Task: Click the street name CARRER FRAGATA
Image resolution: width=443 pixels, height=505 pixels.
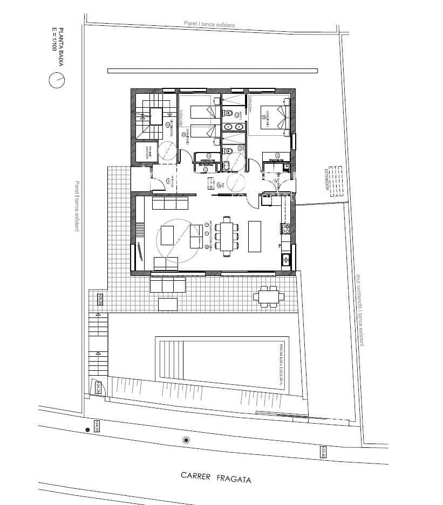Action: (216, 477)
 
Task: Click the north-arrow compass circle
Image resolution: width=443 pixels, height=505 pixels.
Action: (57, 81)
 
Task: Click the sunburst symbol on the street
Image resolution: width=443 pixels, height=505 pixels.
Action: (187, 441)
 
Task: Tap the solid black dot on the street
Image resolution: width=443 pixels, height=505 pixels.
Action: (87, 430)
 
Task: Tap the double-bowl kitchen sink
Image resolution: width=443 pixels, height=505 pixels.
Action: (286, 260)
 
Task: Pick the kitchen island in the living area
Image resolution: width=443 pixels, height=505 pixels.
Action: (254, 236)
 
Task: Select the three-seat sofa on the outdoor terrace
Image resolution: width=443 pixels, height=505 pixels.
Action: (168, 284)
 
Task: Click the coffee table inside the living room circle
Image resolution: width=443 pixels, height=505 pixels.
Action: (168, 236)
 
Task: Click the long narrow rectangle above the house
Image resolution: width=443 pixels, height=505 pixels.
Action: (213, 70)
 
